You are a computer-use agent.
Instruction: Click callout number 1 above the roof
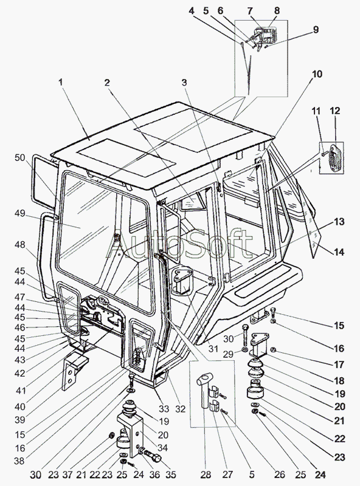click(x=61, y=83)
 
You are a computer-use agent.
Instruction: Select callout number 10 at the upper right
click(x=317, y=74)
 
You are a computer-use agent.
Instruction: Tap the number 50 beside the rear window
click(x=20, y=157)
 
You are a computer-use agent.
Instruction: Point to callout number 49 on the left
click(x=20, y=214)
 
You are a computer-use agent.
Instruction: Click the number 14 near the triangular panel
click(x=339, y=252)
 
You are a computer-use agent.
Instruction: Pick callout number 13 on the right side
click(x=339, y=222)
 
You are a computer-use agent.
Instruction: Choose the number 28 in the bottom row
click(x=206, y=474)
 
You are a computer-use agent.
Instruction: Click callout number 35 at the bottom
click(x=171, y=474)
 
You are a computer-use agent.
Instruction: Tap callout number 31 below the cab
click(x=213, y=349)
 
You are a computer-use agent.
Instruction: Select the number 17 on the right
click(x=339, y=364)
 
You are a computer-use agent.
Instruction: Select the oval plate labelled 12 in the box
click(x=334, y=158)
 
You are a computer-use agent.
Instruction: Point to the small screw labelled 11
click(x=324, y=152)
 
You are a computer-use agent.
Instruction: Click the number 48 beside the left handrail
click(x=20, y=245)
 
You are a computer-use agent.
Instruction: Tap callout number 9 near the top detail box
click(x=316, y=30)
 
